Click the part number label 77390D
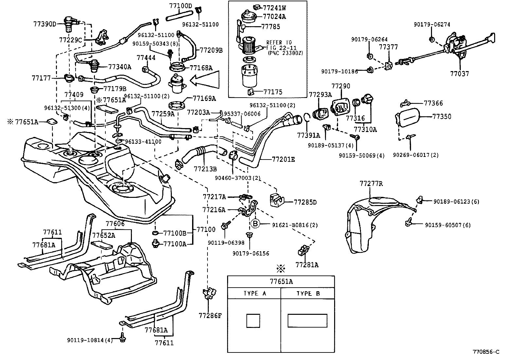45,24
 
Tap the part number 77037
459,74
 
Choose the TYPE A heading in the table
255,294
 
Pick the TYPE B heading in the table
308,294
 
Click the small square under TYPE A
253,321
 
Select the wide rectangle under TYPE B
307,321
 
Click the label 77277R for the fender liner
371,184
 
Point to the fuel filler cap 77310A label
365,129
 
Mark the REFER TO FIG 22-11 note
279,47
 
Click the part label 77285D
305,202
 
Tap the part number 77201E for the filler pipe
283,160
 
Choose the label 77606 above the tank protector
115,223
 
